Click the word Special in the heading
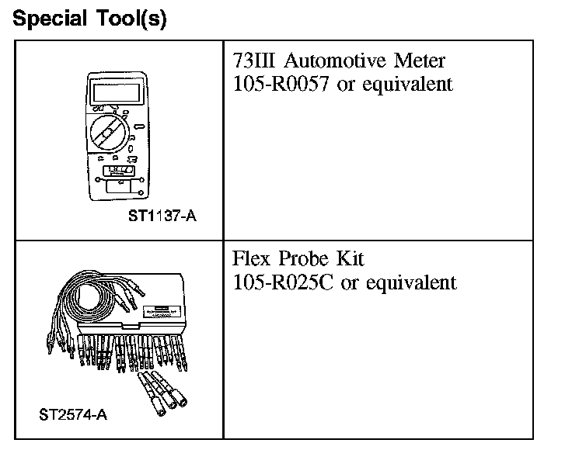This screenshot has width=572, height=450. pyautogui.click(x=49, y=19)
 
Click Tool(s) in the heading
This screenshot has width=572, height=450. pyautogui.click(x=128, y=19)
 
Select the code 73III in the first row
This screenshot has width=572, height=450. pyautogui.click(x=255, y=61)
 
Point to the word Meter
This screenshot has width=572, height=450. pyautogui.click(x=421, y=61)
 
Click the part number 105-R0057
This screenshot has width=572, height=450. pyautogui.click(x=282, y=84)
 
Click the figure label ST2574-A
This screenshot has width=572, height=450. pyautogui.click(x=72, y=414)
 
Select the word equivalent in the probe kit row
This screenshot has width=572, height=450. pyautogui.click(x=411, y=282)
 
